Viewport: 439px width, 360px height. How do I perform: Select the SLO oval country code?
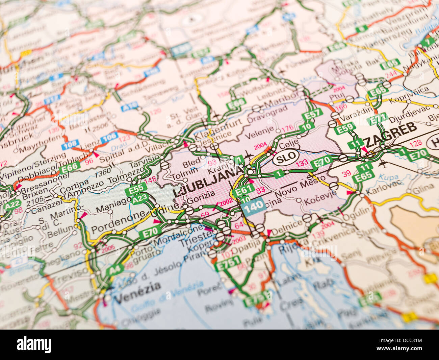[x=286, y=157]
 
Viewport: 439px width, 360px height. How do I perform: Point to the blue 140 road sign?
[x=253, y=206]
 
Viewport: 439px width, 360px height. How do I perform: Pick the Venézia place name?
[x=137, y=293]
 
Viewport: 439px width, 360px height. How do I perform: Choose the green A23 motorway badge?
[x=140, y=199]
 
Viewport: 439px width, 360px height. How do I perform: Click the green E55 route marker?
[x=136, y=189]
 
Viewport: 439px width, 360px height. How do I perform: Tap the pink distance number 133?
[x=302, y=164]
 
